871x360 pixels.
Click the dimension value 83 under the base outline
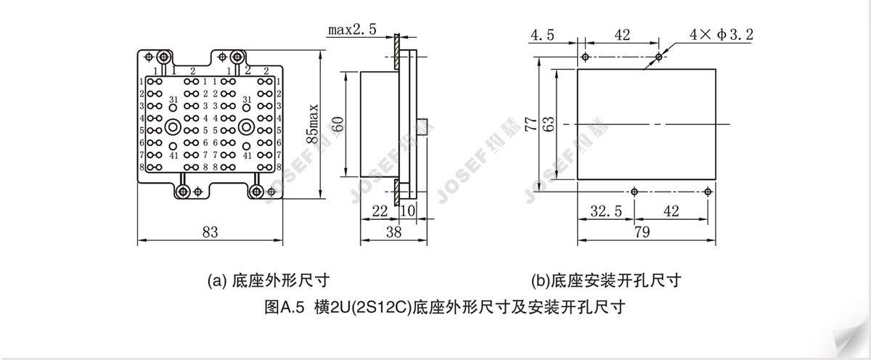pyautogui.click(x=210, y=232)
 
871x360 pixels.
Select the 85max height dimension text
pyautogui.click(x=313, y=124)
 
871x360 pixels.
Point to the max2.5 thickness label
pyautogui.click(x=352, y=30)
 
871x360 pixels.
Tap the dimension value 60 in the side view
pyautogui.click(x=336, y=124)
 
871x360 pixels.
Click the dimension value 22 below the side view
pyautogui.click(x=379, y=210)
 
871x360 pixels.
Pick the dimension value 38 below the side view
pyautogui.click(x=393, y=232)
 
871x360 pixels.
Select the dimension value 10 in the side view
pyautogui.click(x=407, y=210)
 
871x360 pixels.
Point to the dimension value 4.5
pyautogui.click(x=543, y=35)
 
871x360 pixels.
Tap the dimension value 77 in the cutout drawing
pyautogui.click(x=533, y=124)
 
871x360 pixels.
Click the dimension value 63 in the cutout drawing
pyautogui.click(x=549, y=124)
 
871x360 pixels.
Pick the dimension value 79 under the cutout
pyautogui.click(x=642, y=232)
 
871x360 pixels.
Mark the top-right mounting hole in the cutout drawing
pyautogui.click(x=658, y=57)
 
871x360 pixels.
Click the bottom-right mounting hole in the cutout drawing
pyautogui.click(x=708, y=191)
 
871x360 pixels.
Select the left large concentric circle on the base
pyautogui.click(x=173, y=127)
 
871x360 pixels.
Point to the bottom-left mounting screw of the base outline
pyautogui.click(x=183, y=191)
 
